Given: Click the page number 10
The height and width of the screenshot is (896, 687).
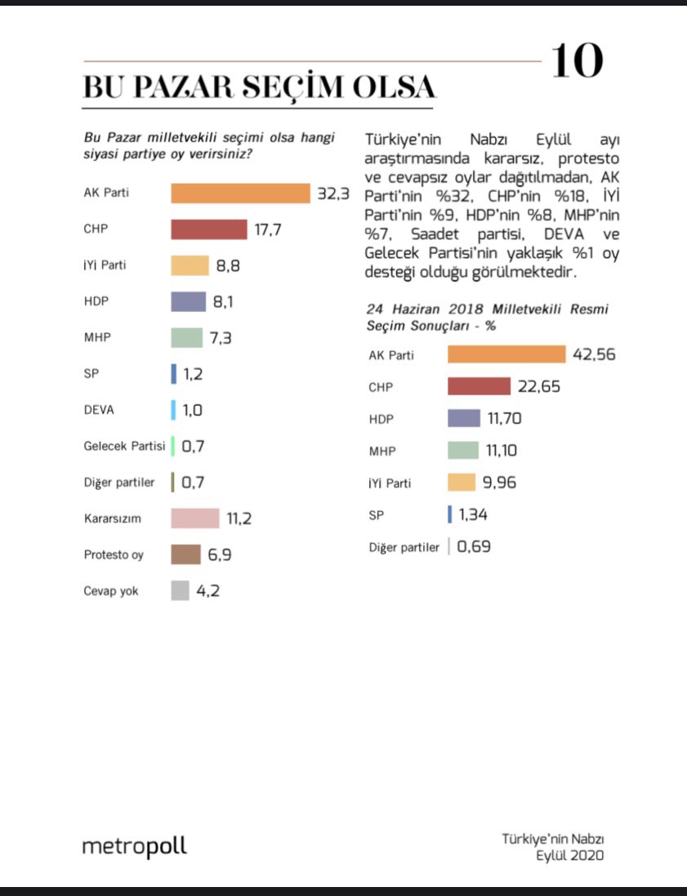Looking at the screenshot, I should point(577,62).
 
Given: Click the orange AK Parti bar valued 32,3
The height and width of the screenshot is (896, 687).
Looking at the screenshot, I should point(240,194).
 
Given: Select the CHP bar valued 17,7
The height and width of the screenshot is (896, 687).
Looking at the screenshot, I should point(208,230).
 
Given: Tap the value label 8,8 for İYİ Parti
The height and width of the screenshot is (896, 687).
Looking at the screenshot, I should point(229,265).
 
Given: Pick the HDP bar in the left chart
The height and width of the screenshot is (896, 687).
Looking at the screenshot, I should point(188,301).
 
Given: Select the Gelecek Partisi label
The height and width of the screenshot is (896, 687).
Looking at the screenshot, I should point(124,446).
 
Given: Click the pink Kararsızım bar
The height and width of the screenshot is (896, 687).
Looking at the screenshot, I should point(194,518).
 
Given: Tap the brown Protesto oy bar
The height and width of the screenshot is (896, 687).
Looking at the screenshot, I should point(185,554).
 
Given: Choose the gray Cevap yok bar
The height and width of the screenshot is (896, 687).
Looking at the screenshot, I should point(180,590).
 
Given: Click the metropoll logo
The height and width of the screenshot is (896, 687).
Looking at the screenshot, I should point(134,846).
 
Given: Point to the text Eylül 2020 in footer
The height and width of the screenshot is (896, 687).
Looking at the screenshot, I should point(569,855).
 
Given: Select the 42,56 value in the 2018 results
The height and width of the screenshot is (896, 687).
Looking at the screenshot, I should point(594,354).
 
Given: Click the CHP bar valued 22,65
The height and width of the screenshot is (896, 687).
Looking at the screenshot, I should point(479,386).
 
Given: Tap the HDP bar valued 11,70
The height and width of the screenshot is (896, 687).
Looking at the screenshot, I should point(463,418).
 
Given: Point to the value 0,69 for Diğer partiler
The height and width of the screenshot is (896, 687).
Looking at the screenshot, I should point(474,546).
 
